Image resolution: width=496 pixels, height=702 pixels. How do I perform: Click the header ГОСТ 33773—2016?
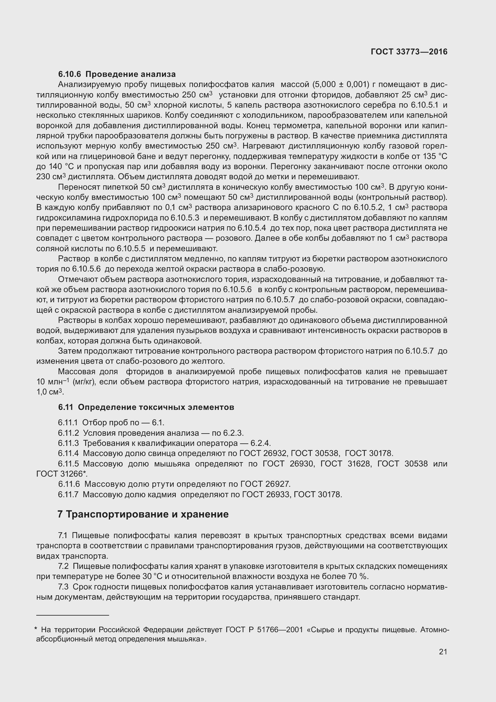[x=409, y=52]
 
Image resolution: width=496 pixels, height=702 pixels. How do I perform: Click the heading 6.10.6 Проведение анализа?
[x=117, y=74]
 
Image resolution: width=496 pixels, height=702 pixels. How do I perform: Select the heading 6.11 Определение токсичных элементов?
[x=146, y=407]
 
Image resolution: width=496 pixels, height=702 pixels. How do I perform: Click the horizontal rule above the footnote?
[x=73, y=615]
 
